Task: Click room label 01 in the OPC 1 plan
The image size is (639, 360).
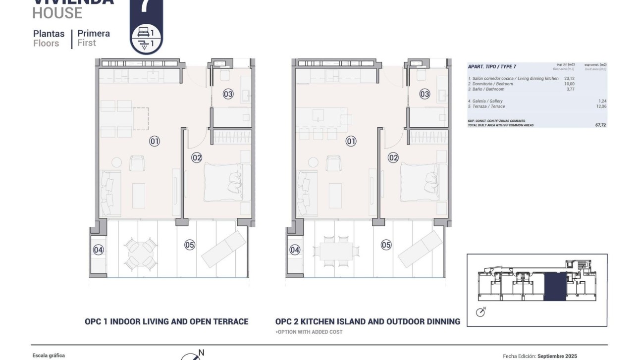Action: point(155,142)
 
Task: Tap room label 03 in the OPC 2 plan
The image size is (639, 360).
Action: point(425,94)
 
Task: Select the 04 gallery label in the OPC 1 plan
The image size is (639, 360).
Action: point(98,250)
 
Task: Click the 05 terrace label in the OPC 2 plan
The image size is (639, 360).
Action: point(386,245)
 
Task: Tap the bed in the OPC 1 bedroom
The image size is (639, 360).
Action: point(223,182)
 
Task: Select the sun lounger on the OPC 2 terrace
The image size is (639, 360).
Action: point(421,249)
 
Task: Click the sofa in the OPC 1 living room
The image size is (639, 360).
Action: point(109,193)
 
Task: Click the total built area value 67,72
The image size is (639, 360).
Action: point(600,125)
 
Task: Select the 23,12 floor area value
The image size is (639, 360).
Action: point(569,78)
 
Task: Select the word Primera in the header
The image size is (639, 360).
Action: point(94,34)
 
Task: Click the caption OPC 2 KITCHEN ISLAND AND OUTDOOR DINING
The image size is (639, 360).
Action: point(368,321)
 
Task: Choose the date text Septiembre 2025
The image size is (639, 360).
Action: point(557,356)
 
